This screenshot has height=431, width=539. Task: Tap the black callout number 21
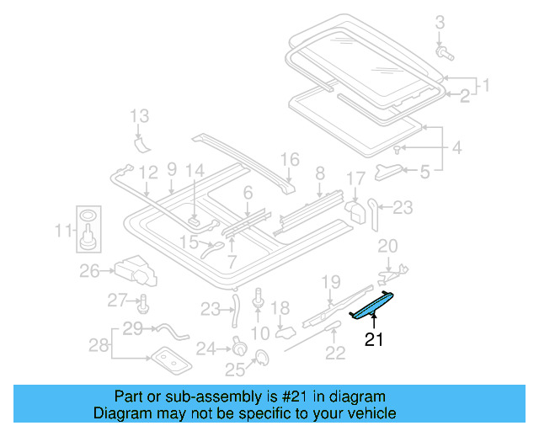point(373,340)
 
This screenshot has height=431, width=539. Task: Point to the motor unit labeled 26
point(137,269)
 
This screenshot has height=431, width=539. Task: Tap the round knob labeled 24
point(239,346)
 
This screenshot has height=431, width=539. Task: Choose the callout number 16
point(290,159)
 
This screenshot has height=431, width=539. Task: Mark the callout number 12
point(148,172)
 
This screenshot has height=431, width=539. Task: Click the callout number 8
point(320,174)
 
